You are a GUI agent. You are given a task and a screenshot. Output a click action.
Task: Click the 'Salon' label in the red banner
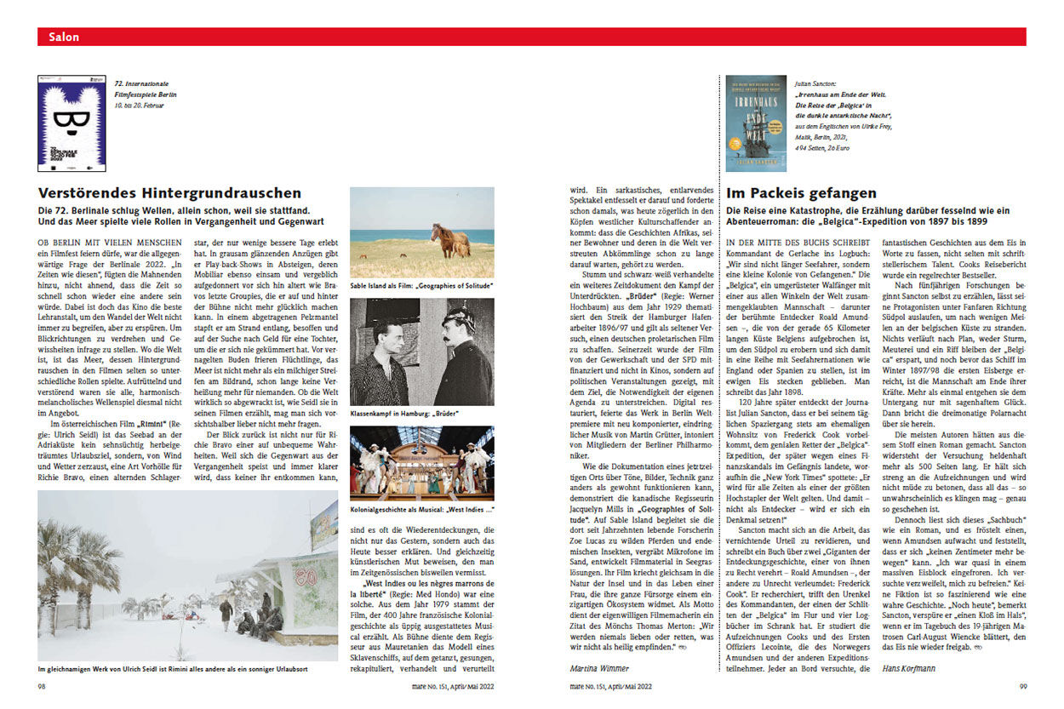click(65, 37)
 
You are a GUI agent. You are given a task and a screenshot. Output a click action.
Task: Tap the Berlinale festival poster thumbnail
click(65, 123)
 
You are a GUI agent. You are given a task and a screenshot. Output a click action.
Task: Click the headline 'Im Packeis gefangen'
click(801, 193)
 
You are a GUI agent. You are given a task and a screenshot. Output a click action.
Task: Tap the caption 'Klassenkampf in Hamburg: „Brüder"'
click(404, 414)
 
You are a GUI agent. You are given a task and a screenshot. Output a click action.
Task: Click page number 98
click(42, 687)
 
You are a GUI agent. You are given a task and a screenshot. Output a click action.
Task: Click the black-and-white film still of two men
click(421, 352)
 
